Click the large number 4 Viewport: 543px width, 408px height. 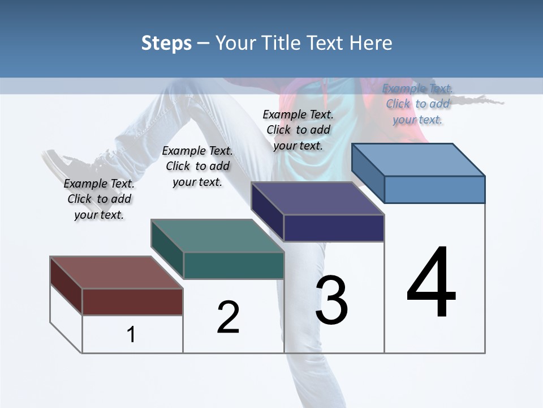click(x=431, y=283)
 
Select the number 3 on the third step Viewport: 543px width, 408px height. click(x=331, y=300)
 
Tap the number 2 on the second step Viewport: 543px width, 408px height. click(x=228, y=317)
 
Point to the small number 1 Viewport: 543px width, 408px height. click(x=131, y=335)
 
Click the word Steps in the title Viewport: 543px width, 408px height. click(x=166, y=43)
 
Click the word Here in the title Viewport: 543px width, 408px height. click(x=371, y=43)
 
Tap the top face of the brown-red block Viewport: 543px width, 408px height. click(x=115, y=272)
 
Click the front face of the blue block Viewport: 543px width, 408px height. click(x=434, y=189)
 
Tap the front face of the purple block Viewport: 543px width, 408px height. click(x=334, y=228)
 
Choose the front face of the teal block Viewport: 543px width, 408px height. click(x=234, y=265)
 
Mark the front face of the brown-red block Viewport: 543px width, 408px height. click(x=132, y=301)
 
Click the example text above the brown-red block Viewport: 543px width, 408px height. click(x=99, y=199)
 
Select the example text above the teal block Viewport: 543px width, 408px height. click(x=197, y=167)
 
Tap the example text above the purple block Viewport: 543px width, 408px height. click(x=298, y=130)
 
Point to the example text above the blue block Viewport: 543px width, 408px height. click(x=417, y=104)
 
